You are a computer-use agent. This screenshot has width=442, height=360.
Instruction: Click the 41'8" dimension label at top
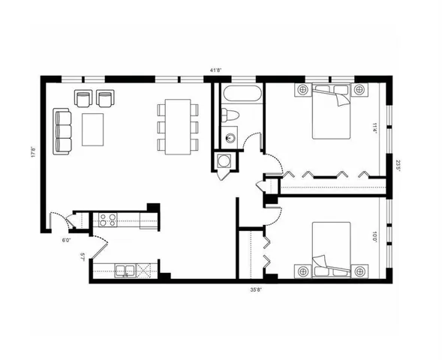click(217, 70)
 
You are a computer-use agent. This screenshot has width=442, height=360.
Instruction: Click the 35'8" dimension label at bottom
click(256, 288)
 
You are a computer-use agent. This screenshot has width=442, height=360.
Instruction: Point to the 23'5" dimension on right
click(398, 163)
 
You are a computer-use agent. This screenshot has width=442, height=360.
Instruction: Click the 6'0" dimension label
click(66, 240)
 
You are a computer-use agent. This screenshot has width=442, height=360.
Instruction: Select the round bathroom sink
click(230, 137)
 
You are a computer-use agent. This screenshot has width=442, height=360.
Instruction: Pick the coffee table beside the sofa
click(94, 129)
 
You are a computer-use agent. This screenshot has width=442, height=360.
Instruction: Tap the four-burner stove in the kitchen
click(107, 220)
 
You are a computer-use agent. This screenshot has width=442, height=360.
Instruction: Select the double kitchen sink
click(125, 270)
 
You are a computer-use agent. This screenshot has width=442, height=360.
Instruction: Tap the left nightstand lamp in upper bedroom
click(304, 91)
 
